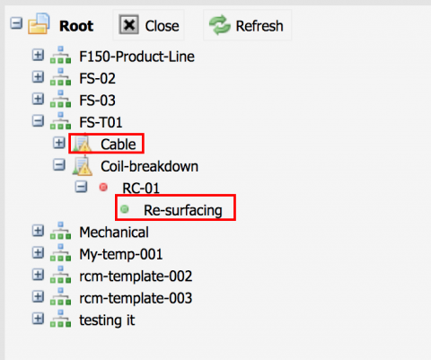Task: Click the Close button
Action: [x=148, y=25]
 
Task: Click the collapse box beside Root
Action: [x=16, y=23]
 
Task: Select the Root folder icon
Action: [x=39, y=23]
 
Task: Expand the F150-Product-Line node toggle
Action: [x=38, y=55]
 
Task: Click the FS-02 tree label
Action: [x=97, y=78]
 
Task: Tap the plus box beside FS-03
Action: [x=38, y=99]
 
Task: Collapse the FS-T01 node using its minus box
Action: [x=38, y=121]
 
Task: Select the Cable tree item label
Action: [x=119, y=145]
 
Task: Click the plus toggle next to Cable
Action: [x=59, y=143]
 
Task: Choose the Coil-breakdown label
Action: [x=149, y=166]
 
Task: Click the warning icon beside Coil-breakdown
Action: [x=82, y=166]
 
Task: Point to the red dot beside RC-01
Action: [x=103, y=188]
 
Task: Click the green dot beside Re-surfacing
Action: [x=125, y=209]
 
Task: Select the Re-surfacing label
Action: [x=183, y=210]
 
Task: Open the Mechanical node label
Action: [x=114, y=233]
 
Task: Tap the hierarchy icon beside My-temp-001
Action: [x=60, y=252]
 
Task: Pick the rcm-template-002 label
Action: [x=136, y=276]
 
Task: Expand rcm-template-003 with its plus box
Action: [x=38, y=297]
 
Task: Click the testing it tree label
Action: [x=107, y=320]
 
